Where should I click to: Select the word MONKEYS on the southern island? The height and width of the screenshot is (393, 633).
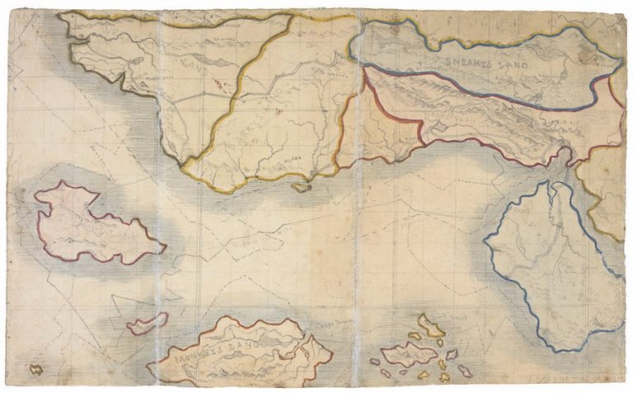(194, 353)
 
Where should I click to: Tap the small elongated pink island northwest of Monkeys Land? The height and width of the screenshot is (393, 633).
(148, 324)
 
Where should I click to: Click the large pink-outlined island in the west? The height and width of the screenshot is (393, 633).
(91, 225)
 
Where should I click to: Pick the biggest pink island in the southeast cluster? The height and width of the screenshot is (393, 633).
(407, 355)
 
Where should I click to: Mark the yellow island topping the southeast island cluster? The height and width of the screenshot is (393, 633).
(429, 325)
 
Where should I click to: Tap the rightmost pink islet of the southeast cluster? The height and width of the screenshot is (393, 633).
(466, 371)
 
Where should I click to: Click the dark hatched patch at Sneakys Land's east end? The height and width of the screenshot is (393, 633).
(589, 54)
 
